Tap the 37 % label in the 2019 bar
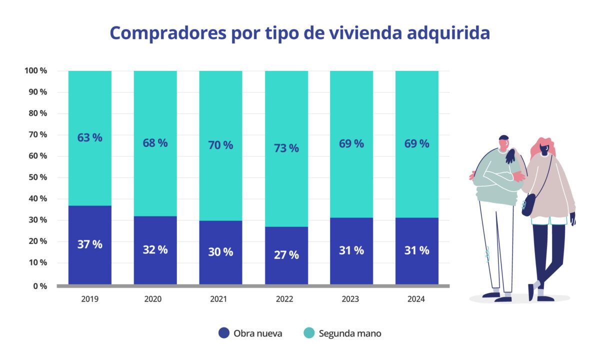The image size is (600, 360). coord(89,244)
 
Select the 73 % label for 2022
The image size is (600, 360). coord(286,148)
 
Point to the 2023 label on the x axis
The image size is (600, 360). coord(351,299)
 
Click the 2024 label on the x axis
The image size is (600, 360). coord(416,299)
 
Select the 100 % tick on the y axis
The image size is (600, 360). coord(35,70)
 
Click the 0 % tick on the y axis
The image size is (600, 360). coord(40,286)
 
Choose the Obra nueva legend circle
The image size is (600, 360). coord(224,332)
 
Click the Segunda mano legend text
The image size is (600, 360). coord(349,333)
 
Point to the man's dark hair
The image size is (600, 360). coord(503,138)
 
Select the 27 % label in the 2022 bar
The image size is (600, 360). coord(286,254)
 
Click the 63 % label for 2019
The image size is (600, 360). coord(89,137)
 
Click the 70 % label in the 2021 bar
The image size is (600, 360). coord(220,145)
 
